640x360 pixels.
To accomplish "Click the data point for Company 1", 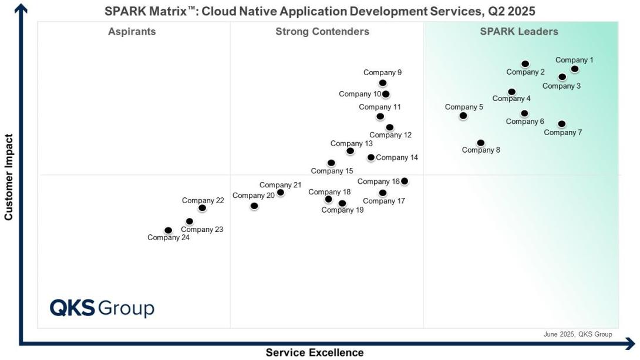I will tap(574, 69).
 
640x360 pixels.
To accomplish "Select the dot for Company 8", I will tap(480, 143).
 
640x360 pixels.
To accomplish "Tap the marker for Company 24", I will tap(169, 230).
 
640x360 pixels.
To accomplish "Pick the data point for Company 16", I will tap(404, 181).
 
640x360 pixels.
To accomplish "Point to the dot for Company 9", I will tap(383, 83).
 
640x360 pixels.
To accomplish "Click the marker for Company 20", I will tap(254, 206).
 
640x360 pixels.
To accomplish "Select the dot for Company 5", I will tap(463, 116).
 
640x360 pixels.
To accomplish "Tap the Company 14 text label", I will tap(397, 157).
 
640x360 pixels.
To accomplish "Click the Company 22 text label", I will tap(203, 200).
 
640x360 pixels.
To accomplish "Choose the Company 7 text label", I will tap(562, 133).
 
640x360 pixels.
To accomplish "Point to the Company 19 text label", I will tap(342, 210).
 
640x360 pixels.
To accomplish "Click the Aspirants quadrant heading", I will tap(132, 32).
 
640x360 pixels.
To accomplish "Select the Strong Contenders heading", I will tap(322, 32).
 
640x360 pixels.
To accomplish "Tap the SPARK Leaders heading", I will tap(519, 32).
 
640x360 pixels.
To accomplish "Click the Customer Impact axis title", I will tap(8, 177).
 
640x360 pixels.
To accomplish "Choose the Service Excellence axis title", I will tap(315, 353).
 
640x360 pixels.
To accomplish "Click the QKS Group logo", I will tap(102, 308).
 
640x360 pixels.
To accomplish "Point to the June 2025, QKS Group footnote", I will tap(578, 334).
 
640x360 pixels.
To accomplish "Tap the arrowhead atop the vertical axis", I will tap(21, 7).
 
